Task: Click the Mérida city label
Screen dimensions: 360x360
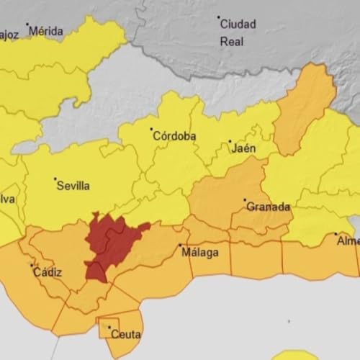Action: (47, 32)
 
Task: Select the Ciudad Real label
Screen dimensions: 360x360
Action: (238, 32)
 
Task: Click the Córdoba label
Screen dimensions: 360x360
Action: (176, 136)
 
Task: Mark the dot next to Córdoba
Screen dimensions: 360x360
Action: (152, 130)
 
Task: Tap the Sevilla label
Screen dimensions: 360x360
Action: (73, 186)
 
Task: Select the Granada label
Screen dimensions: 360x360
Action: (269, 207)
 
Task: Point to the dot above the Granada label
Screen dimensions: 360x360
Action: (245, 200)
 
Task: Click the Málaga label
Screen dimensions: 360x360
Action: (198, 252)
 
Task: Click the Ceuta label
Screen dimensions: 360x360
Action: (127, 334)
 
